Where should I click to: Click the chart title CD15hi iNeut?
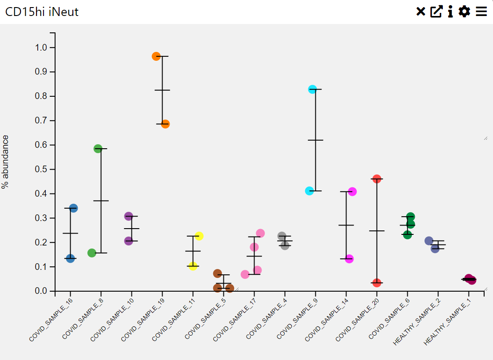click(x=42, y=12)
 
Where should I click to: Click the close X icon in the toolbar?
click(x=421, y=12)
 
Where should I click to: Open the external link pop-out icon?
click(x=436, y=12)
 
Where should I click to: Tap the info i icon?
click(x=450, y=12)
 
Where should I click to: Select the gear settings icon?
click(x=464, y=12)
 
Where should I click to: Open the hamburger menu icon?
click(x=481, y=12)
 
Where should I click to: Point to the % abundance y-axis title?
click(x=5, y=162)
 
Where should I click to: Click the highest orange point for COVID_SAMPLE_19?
click(x=156, y=56)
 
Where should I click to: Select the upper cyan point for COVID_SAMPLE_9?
click(x=312, y=89)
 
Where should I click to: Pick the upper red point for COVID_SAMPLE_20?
click(x=377, y=179)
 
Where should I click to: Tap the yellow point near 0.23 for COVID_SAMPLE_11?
click(x=199, y=236)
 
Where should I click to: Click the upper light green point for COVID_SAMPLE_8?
click(x=98, y=149)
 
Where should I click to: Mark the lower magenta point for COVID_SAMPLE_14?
click(x=349, y=259)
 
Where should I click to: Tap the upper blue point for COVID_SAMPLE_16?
click(x=73, y=208)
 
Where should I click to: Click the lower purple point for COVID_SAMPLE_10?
click(x=128, y=241)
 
